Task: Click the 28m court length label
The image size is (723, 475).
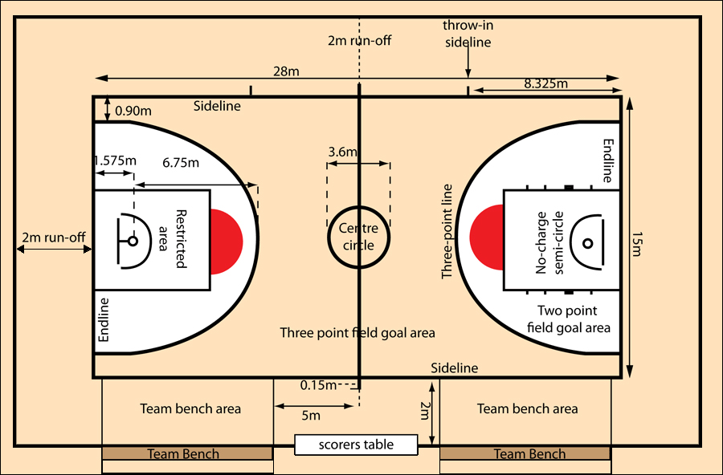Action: [x=286, y=71]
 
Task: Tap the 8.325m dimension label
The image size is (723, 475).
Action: [x=545, y=83]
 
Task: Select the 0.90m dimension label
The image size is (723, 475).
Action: [x=133, y=111]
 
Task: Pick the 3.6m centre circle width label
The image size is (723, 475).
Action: [x=343, y=152]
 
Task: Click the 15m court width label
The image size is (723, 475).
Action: [x=636, y=244]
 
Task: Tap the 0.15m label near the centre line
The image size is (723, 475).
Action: [x=319, y=385]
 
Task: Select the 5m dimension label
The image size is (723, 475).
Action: [x=310, y=415]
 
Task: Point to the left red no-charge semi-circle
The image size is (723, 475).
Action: [x=227, y=241]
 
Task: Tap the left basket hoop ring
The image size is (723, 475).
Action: [x=133, y=241]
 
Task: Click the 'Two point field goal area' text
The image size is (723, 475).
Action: [x=569, y=319]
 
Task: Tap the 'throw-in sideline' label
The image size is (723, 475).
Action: [x=468, y=34]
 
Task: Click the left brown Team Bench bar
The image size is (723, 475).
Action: [x=187, y=454]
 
